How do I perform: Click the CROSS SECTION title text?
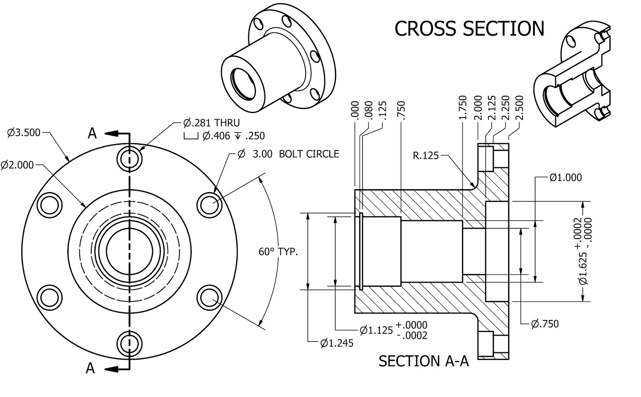pos(469,28)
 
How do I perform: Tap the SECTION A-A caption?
pos(423,361)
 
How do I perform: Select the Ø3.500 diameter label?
pos(24,132)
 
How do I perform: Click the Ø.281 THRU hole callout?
pos(212,122)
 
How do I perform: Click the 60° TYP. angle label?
pos(278,252)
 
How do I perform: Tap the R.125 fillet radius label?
pos(425,156)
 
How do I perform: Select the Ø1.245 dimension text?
pos(337,343)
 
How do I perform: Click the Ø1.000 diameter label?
pos(565,178)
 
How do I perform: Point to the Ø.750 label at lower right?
pos(544,324)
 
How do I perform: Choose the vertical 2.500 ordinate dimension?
pos(520,107)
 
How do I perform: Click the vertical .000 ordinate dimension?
pos(355,109)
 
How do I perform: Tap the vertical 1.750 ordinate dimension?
pos(463,107)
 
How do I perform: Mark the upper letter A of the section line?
pos(92,133)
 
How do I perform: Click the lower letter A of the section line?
pos(91,368)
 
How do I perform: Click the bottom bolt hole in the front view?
pos(129,343)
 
